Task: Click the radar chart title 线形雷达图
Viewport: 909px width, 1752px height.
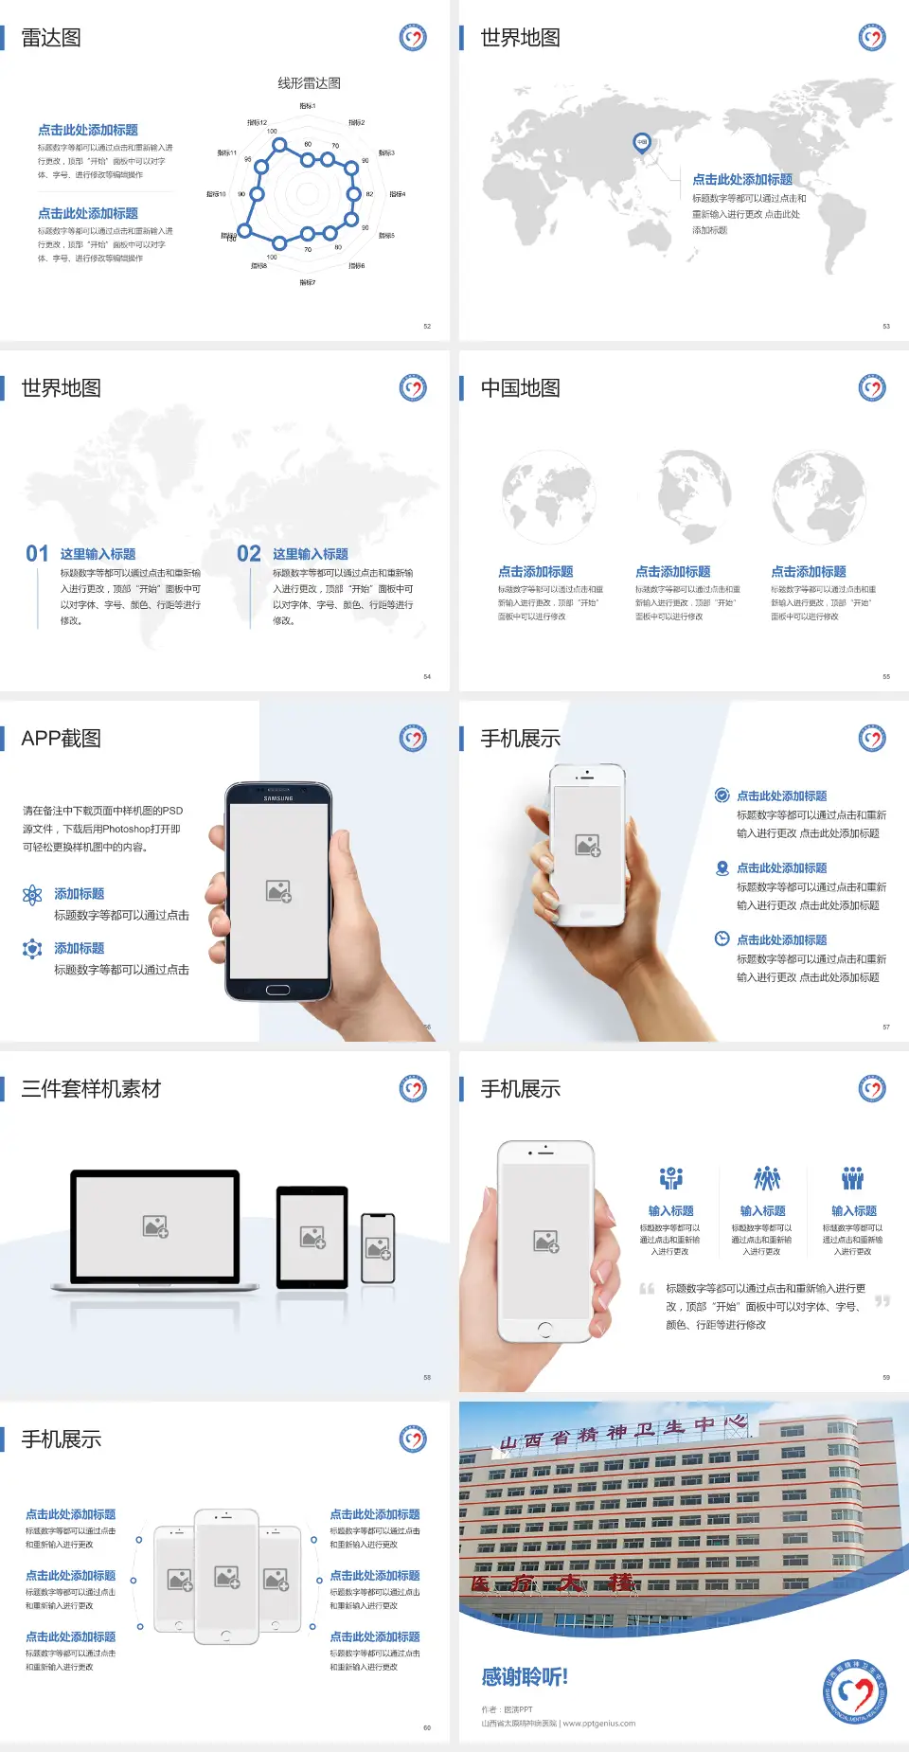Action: [x=309, y=83]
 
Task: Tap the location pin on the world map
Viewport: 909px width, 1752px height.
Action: [x=641, y=143]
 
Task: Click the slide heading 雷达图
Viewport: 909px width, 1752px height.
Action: [x=51, y=38]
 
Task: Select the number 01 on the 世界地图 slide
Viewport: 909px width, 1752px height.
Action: [x=37, y=554]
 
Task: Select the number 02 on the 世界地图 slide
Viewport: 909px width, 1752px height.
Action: [x=249, y=554]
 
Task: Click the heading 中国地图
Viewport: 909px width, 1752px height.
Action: [x=520, y=388]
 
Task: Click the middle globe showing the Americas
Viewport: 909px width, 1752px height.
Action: [x=694, y=495]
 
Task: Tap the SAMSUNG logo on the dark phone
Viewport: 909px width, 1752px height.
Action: [x=278, y=798]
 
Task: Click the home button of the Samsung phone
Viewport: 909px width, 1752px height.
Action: [x=277, y=990]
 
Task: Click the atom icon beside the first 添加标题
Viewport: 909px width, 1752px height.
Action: [x=32, y=895]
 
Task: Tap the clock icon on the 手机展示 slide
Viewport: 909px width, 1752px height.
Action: [x=722, y=939]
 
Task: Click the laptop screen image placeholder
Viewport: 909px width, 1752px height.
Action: [x=155, y=1226]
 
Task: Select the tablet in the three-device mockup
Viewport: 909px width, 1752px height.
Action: [x=312, y=1236]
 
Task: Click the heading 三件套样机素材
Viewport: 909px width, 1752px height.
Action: [x=91, y=1089]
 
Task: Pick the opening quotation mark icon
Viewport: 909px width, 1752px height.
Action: [x=647, y=1288]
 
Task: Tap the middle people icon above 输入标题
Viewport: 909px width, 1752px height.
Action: [x=766, y=1178]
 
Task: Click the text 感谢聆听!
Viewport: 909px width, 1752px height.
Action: [x=525, y=1677]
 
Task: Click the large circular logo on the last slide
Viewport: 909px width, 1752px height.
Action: [x=855, y=1691]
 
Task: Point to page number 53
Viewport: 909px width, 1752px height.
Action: [x=886, y=326]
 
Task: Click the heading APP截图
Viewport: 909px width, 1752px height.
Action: [x=61, y=739]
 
